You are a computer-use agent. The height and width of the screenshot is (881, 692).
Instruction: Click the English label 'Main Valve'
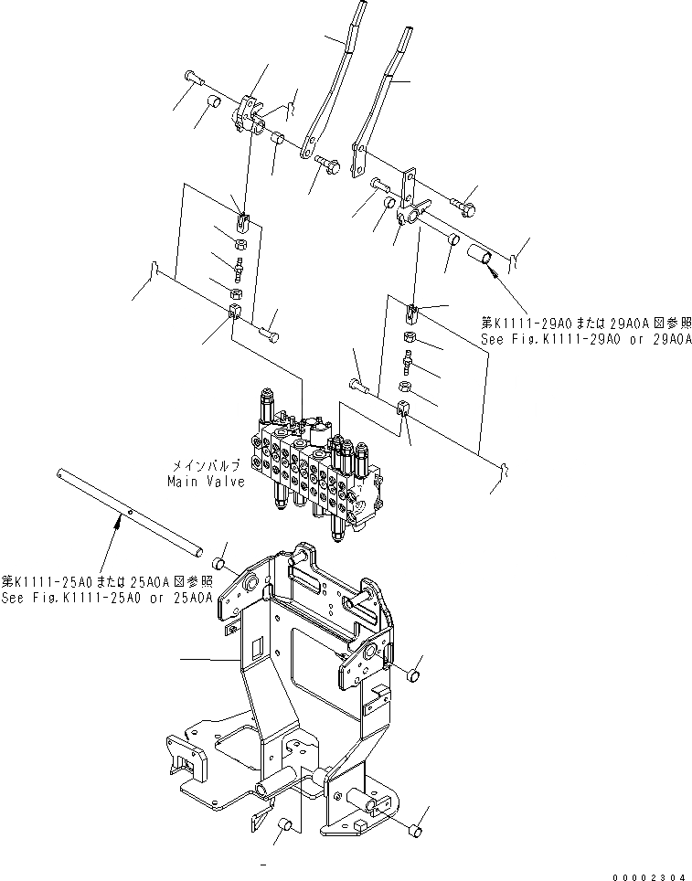206,481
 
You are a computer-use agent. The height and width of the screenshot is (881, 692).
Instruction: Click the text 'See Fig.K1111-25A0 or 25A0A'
107,598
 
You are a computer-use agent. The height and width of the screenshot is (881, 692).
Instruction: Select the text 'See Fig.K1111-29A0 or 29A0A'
586,338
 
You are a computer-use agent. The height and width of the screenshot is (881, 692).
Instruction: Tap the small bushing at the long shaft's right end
219,561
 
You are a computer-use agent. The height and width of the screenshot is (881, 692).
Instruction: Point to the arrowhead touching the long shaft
120,522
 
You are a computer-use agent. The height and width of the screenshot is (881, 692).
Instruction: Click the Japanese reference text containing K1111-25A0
107,581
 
